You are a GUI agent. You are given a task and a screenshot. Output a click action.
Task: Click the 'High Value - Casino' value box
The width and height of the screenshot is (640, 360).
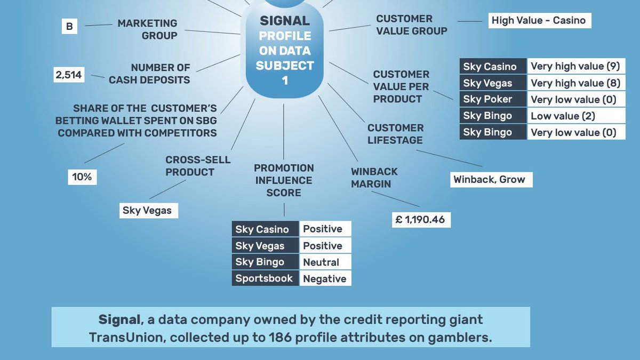pos(539,21)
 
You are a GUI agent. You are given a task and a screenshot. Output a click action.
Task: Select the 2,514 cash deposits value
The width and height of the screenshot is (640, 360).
pos(69,75)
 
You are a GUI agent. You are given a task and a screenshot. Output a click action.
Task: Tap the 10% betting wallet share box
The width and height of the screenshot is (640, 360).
pos(82,177)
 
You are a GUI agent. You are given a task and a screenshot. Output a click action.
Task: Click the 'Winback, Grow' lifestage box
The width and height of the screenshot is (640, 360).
pos(489,180)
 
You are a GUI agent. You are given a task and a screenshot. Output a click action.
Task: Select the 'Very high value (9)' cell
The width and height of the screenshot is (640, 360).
pos(575,67)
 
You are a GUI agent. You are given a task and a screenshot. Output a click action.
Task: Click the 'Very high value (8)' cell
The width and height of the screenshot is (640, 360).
pos(575,83)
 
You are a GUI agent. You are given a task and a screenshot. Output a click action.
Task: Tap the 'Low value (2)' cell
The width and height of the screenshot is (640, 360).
pos(575,116)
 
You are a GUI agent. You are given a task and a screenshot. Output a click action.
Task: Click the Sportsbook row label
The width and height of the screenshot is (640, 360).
pos(265,278)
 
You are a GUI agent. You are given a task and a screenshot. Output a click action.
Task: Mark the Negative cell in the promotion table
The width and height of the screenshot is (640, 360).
pos(325,278)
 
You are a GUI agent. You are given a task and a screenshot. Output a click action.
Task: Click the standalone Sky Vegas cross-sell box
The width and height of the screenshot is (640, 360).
pos(147,210)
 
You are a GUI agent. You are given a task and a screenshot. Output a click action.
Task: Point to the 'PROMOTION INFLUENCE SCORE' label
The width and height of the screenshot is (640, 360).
pos(284,180)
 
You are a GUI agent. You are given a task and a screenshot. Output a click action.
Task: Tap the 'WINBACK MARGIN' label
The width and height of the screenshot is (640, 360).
pos(374,178)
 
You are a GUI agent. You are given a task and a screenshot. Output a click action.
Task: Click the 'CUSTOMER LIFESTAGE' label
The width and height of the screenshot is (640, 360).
pos(395,134)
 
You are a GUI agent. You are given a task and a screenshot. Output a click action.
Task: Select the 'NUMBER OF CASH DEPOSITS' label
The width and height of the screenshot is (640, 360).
pos(149,74)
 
